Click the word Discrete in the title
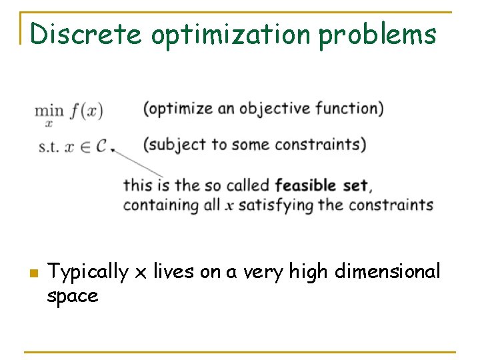click(86, 33)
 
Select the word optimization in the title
click(231, 35)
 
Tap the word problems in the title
click(377, 35)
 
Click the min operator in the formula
click(49, 110)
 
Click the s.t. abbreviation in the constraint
click(48, 147)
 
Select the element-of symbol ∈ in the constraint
click(84, 147)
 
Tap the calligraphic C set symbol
click(101, 146)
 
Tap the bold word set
click(355, 185)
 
